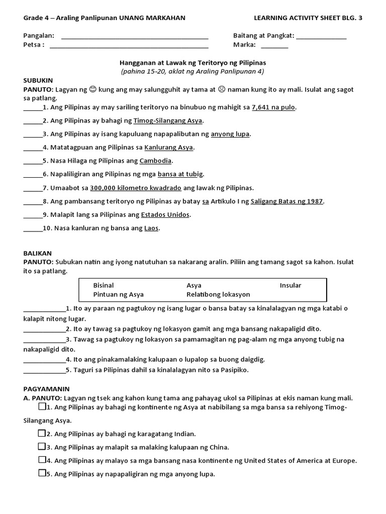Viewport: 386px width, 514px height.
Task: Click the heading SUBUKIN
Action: click(x=38, y=80)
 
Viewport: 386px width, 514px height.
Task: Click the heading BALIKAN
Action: click(x=38, y=253)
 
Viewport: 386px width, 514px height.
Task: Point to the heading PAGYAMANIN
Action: click(x=47, y=389)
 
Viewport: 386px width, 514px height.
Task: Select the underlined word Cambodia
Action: click(x=156, y=161)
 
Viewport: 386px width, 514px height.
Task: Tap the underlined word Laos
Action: click(x=151, y=228)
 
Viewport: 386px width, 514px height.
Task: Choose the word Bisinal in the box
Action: click(x=104, y=285)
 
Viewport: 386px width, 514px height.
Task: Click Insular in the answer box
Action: click(x=291, y=285)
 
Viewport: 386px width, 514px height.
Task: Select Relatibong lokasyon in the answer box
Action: click(x=218, y=294)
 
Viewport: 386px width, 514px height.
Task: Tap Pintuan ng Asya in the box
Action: click(x=118, y=294)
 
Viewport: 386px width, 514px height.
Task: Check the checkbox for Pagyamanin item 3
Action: click(x=41, y=446)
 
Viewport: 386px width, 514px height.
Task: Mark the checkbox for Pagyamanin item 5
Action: click(x=41, y=473)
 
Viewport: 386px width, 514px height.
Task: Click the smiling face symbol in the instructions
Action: click(x=92, y=89)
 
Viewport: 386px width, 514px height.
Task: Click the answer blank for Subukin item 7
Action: click(x=33, y=188)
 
